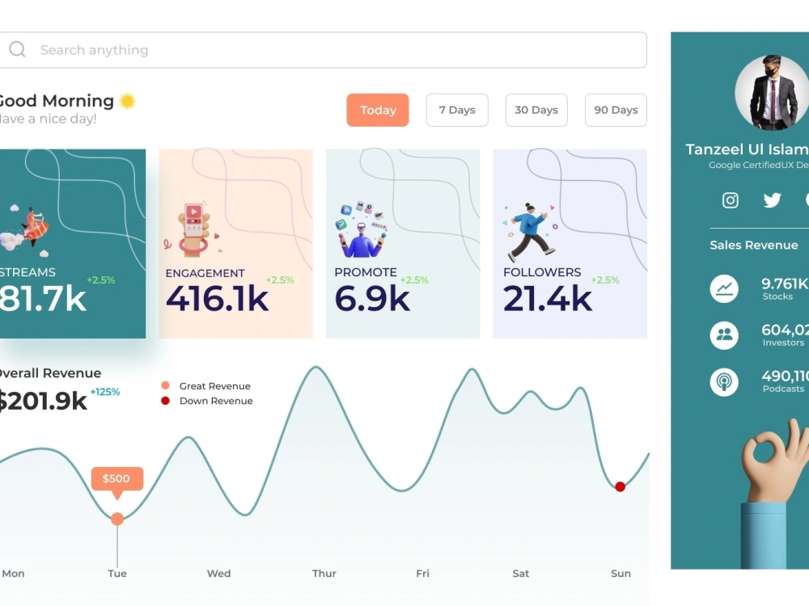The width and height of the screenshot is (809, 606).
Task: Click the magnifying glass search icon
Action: click(x=17, y=50)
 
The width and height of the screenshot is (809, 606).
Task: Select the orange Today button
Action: click(x=378, y=110)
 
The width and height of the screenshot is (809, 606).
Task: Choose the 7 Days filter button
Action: click(x=457, y=110)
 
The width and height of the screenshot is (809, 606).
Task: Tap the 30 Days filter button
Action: click(x=536, y=110)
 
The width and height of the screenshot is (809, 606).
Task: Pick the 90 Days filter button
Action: click(x=616, y=110)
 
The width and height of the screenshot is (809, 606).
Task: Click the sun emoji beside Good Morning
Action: click(x=127, y=101)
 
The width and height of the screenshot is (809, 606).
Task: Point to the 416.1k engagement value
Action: click(x=217, y=299)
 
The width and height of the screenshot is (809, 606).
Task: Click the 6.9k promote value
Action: click(x=372, y=299)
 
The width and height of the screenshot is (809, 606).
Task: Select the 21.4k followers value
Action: click(x=548, y=299)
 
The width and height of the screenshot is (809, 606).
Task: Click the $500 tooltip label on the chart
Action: click(x=116, y=478)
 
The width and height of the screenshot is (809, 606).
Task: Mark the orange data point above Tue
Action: click(x=117, y=519)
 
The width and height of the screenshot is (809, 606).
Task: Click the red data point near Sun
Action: click(x=620, y=486)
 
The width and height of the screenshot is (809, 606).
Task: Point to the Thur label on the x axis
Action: click(x=324, y=574)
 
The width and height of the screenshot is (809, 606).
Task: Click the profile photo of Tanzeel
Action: click(x=771, y=92)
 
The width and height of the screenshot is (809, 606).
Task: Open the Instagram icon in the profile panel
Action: click(x=731, y=200)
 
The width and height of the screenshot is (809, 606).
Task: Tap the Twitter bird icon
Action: click(x=773, y=200)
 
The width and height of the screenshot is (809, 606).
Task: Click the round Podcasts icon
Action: click(x=724, y=381)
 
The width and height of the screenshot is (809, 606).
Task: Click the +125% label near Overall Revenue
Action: click(x=104, y=392)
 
